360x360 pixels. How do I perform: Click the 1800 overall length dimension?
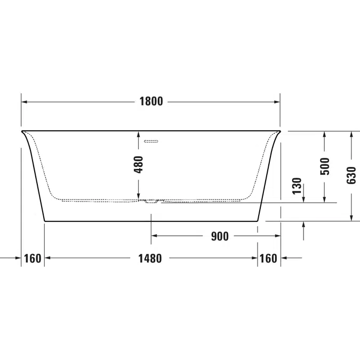coord(151,101)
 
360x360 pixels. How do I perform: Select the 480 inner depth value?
coord(139,165)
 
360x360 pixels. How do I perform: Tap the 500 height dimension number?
coord(325,166)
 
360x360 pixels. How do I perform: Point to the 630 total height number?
coord(351,175)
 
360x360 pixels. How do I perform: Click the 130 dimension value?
coord(297,186)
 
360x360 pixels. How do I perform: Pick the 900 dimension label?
coord(220,236)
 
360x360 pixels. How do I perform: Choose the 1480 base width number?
coord(150,259)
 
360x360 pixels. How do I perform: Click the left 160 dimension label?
coord(33,259)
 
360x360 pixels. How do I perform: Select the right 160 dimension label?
coord(268,259)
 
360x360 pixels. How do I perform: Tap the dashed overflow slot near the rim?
coord(151,141)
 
